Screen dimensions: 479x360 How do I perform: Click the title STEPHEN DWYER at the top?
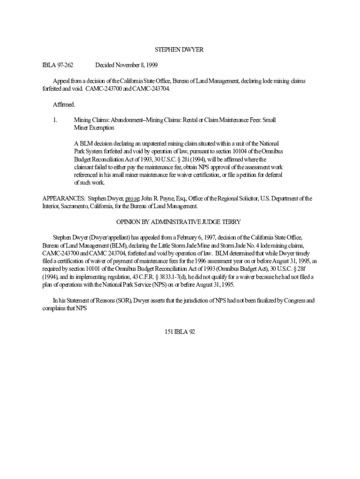pos(180,50)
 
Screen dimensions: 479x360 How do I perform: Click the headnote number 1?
pos(55,120)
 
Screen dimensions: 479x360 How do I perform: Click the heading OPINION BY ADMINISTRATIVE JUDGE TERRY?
pos(180,222)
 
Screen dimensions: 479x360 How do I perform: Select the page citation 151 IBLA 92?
pos(180,332)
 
